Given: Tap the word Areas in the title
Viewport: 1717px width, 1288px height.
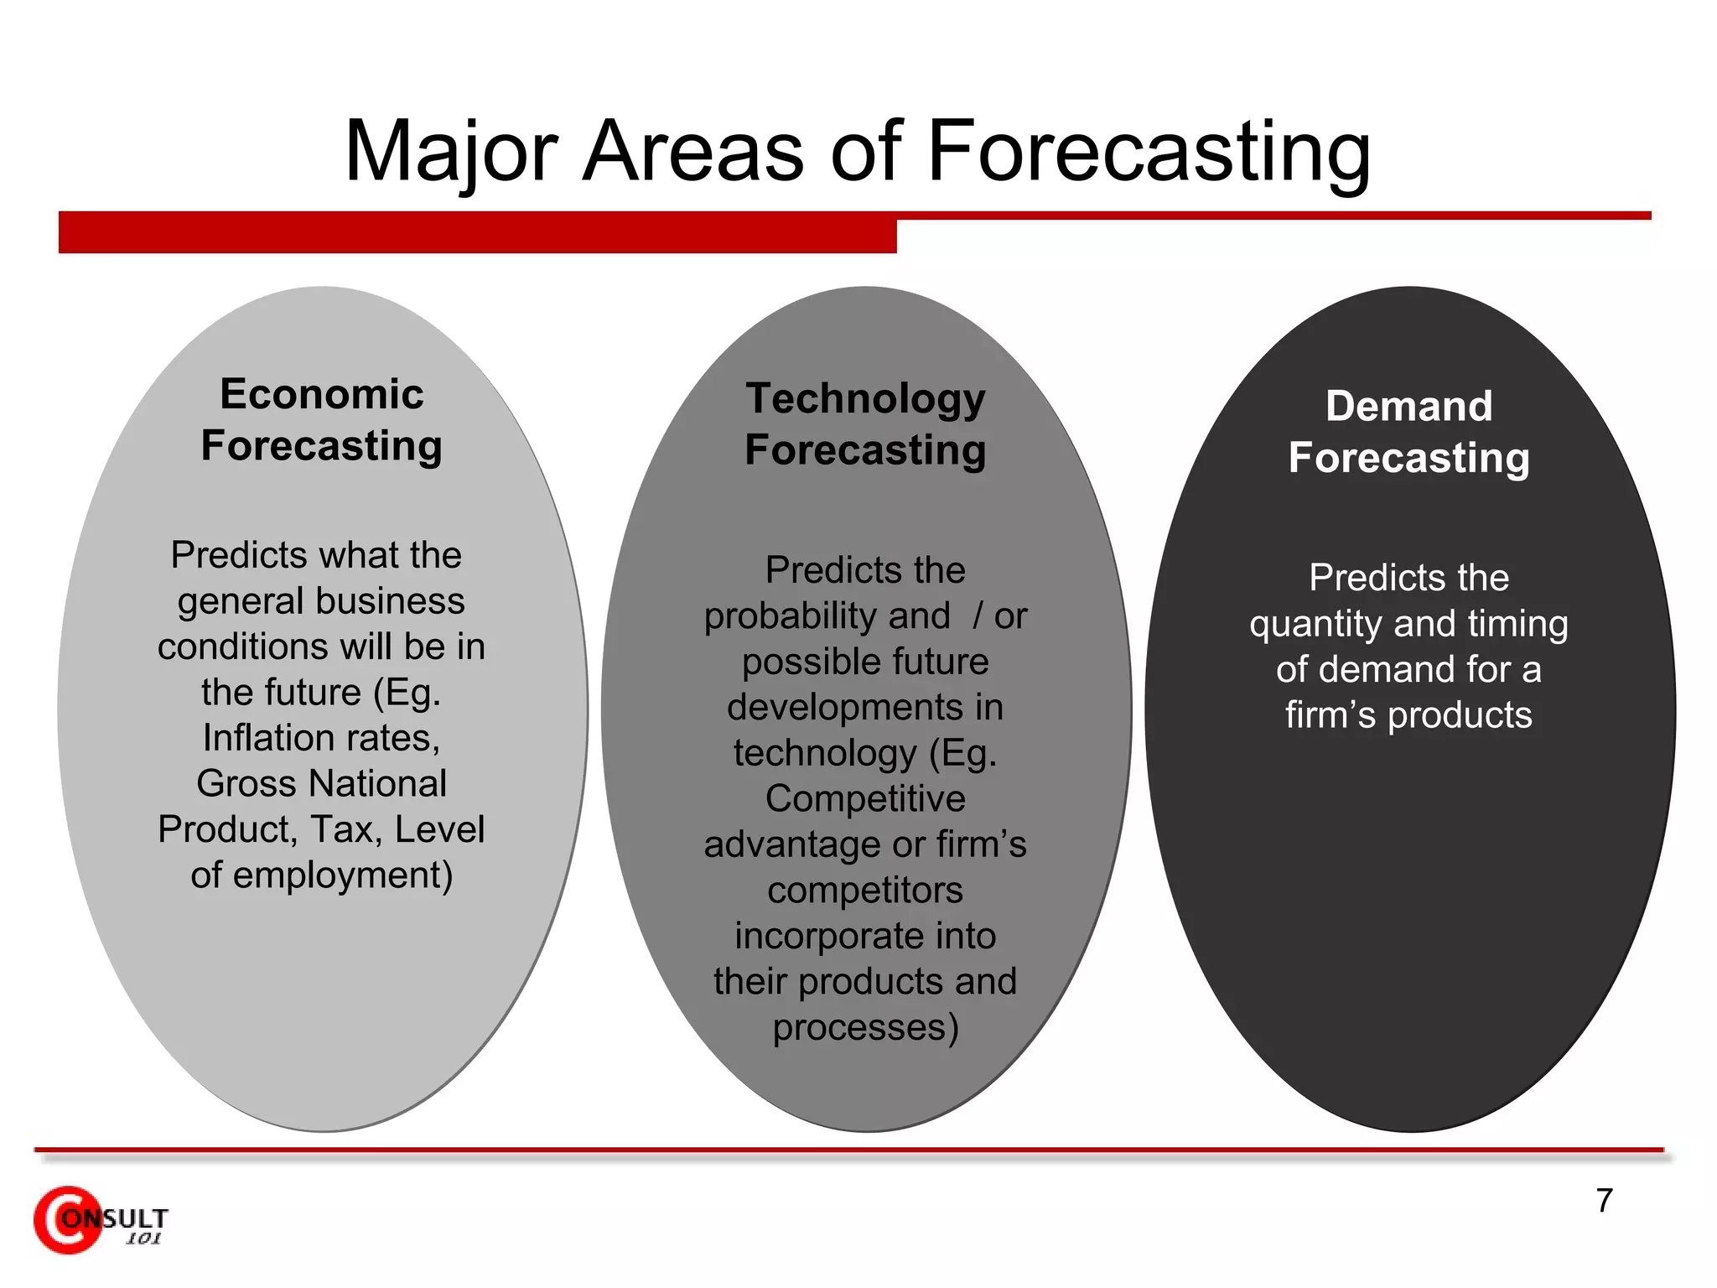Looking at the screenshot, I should click(693, 152).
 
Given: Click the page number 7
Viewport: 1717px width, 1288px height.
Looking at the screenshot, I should click(1604, 1201).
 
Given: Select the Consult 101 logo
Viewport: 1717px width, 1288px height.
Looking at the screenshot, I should click(100, 1221).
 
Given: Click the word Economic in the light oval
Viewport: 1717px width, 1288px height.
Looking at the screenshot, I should click(321, 394).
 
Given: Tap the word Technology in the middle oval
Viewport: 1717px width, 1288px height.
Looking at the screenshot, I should click(865, 398).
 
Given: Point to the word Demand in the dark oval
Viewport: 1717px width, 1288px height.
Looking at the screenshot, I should click(1408, 407).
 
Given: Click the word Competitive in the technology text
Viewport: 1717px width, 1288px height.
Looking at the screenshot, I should click(865, 799).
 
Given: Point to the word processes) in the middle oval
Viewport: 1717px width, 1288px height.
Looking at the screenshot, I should click(865, 1028).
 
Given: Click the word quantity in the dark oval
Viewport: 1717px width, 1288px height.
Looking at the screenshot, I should click(1315, 625).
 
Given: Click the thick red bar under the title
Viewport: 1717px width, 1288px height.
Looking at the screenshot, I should click(477, 232).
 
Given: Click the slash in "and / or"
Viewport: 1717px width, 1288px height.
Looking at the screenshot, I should click(978, 616).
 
